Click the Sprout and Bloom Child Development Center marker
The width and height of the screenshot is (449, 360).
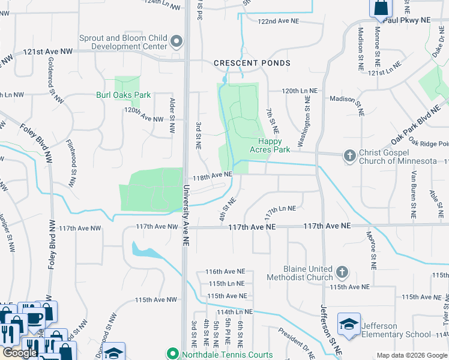pos(176,42)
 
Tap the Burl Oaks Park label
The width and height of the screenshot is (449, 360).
pos(124,95)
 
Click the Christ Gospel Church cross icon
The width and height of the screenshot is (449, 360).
pos(349,156)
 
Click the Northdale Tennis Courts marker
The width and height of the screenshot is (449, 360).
pos(172,353)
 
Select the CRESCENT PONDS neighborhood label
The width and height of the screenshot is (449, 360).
pos(252,63)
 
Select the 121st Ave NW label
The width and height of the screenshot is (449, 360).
pos(48,52)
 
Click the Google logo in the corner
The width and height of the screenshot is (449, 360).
pos(20,353)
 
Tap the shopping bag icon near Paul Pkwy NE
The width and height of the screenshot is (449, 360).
pos(381,8)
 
